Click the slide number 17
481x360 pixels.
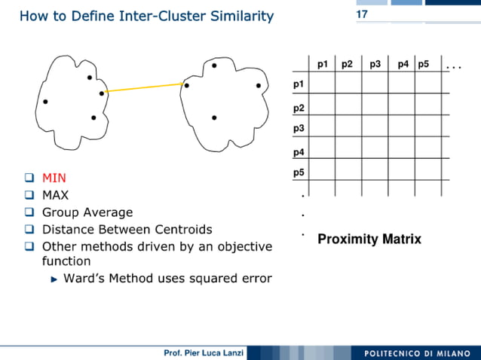click(362, 15)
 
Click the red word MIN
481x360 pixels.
click(54, 178)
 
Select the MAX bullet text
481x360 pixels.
click(55, 195)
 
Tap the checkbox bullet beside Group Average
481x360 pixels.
click(29, 212)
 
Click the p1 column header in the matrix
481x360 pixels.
click(323, 65)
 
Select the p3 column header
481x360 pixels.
click(375, 65)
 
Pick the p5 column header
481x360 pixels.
click(423, 65)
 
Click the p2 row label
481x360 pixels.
click(299, 108)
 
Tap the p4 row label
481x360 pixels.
click(299, 153)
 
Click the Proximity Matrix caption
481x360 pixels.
click(369, 239)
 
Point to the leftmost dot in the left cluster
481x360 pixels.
click(45, 101)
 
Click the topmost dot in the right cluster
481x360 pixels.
click(214, 66)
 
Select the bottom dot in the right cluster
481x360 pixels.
click(214, 117)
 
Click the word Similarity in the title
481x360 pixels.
click(237, 16)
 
